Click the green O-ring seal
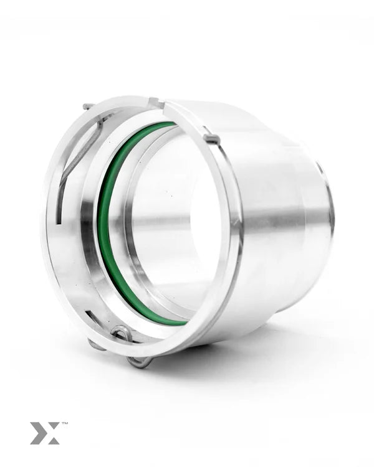[x=103, y=227]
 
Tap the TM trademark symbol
[x=64, y=423]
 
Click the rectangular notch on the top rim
[x=156, y=103]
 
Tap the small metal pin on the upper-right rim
[x=211, y=138]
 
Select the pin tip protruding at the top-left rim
[x=89, y=106]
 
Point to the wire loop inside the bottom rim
[x=122, y=333]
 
